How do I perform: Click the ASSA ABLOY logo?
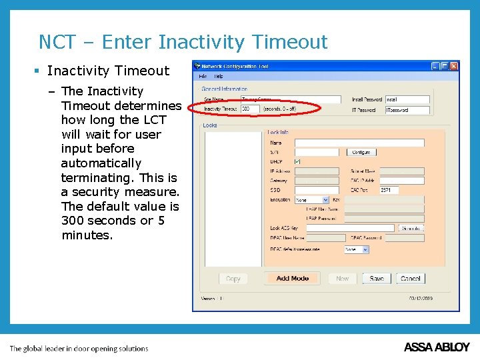point(437,347)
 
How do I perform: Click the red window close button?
point(454,67)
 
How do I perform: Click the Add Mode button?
point(293,279)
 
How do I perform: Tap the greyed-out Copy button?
point(233,279)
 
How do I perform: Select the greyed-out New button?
point(343,279)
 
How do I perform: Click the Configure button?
point(361,153)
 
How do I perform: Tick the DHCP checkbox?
point(297,161)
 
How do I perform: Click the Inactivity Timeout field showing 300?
point(250,109)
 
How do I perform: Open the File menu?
point(203,77)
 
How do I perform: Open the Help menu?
point(219,77)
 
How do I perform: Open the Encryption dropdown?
point(312,200)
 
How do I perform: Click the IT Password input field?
point(407,110)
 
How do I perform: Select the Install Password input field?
point(407,99)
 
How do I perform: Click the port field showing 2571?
point(389,190)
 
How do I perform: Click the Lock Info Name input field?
point(359,143)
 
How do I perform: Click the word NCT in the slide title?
point(57,43)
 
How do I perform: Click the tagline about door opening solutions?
point(79,348)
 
